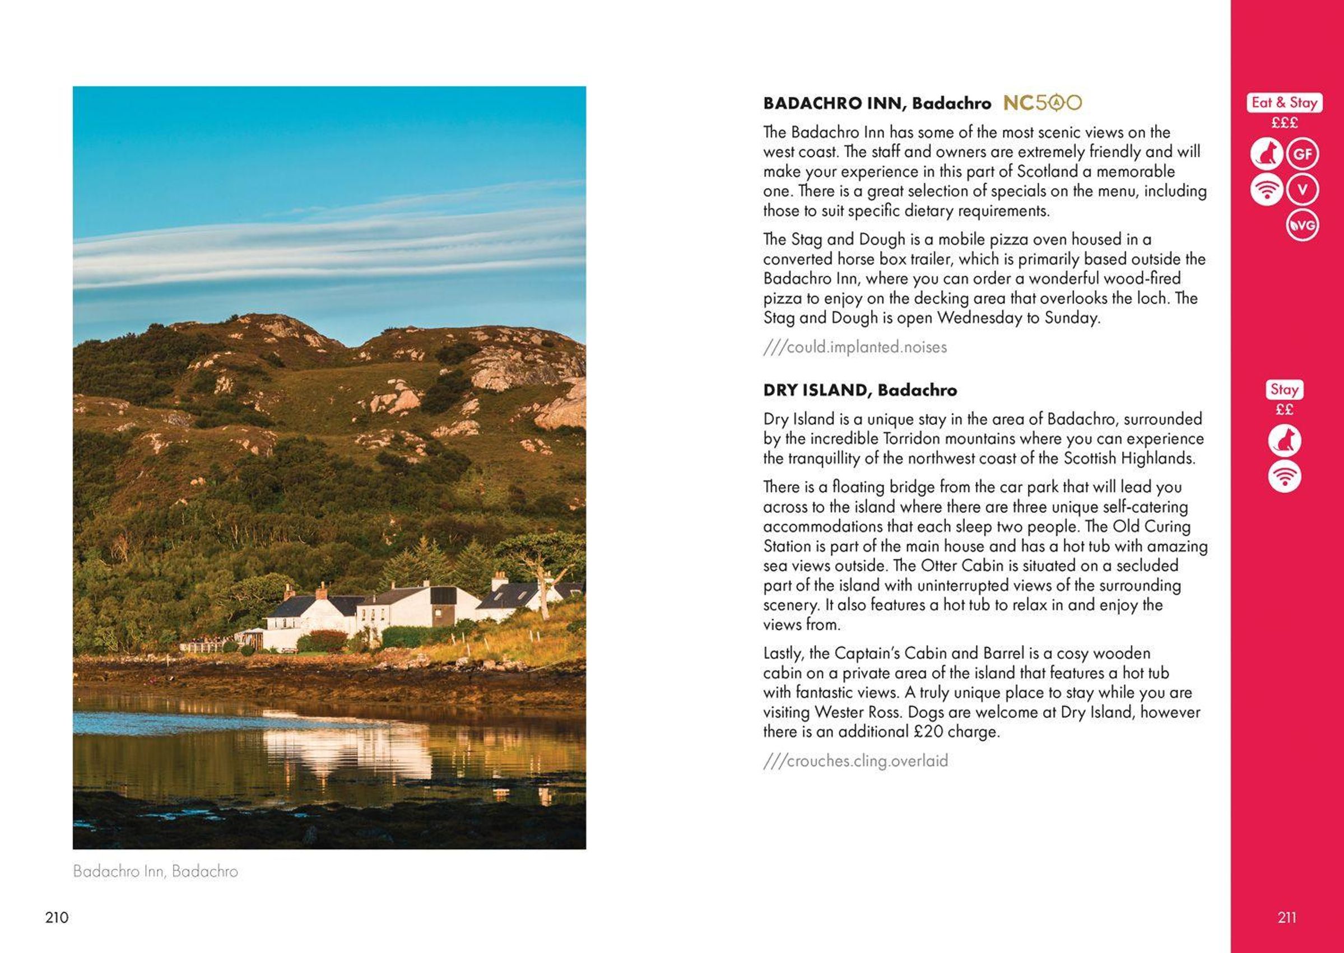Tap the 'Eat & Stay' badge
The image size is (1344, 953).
[x=1284, y=102]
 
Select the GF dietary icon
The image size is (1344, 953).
[x=1303, y=155]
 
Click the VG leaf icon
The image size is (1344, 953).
[x=1302, y=225]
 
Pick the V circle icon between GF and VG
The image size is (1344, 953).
[x=1303, y=190]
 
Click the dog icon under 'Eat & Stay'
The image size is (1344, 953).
[x=1267, y=155]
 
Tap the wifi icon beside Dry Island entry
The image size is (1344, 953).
[x=1284, y=476]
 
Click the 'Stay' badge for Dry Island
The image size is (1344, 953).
[x=1284, y=390]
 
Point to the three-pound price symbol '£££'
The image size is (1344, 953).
[x=1284, y=123]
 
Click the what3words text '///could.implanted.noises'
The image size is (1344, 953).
[x=855, y=347]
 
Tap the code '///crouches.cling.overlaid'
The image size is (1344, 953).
[x=855, y=761]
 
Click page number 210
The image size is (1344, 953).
[x=57, y=917]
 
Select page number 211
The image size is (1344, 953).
[x=1286, y=917]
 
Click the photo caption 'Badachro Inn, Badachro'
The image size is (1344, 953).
[x=156, y=871]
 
